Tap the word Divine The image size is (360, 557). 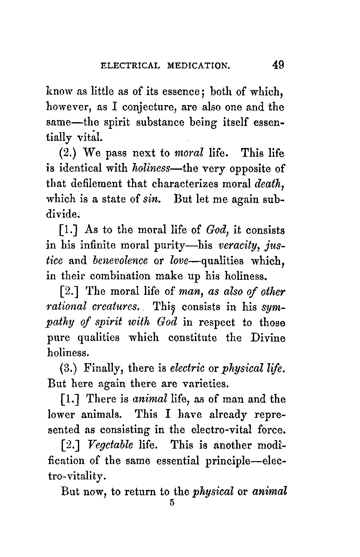click(x=268, y=338)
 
